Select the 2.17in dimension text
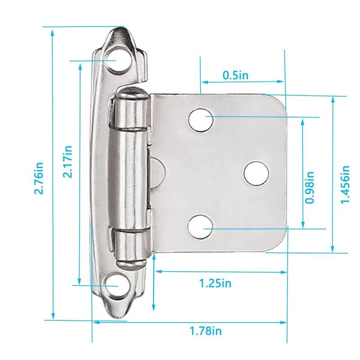(x=68, y=161)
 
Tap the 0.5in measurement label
(x=235, y=75)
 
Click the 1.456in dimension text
(x=345, y=184)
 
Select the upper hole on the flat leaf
(x=201, y=120)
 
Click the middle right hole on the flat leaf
(x=257, y=173)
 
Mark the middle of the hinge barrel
(x=130, y=178)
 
